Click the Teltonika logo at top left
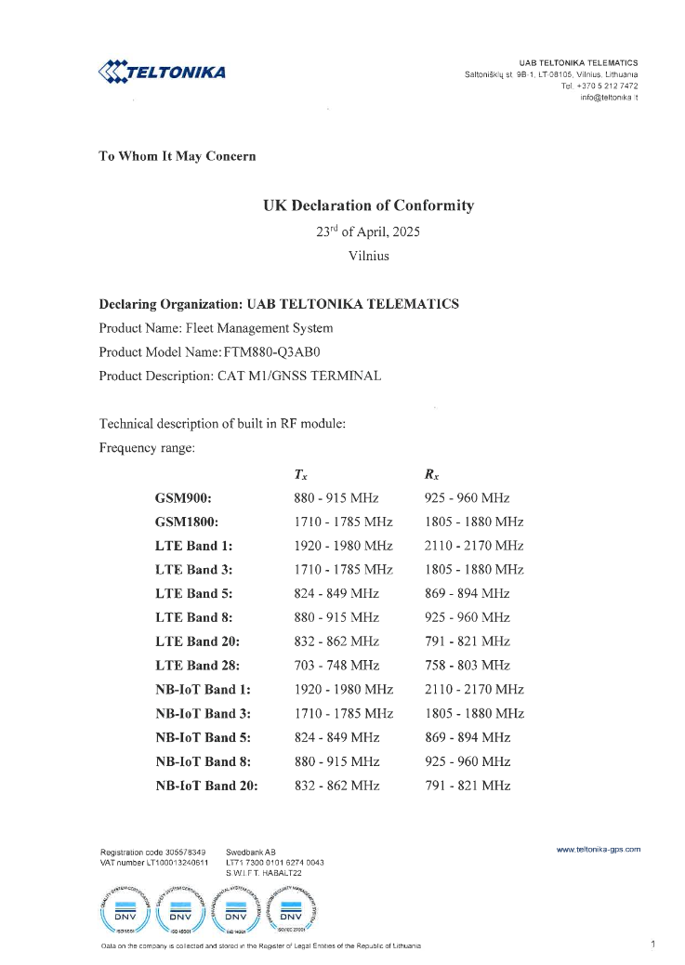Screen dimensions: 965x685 [162, 72]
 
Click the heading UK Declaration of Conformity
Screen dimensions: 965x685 [368, 205]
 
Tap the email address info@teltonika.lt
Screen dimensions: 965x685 [609, 97]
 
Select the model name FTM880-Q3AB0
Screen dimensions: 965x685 [278, 352]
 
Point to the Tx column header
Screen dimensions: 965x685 [300, 474]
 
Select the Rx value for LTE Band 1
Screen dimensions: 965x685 [474, 546]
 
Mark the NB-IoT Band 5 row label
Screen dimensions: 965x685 [204, 737]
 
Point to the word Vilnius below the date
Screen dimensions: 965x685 [368, 255]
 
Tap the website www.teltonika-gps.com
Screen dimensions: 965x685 [599, 849]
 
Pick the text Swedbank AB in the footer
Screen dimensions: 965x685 [251, 851]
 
